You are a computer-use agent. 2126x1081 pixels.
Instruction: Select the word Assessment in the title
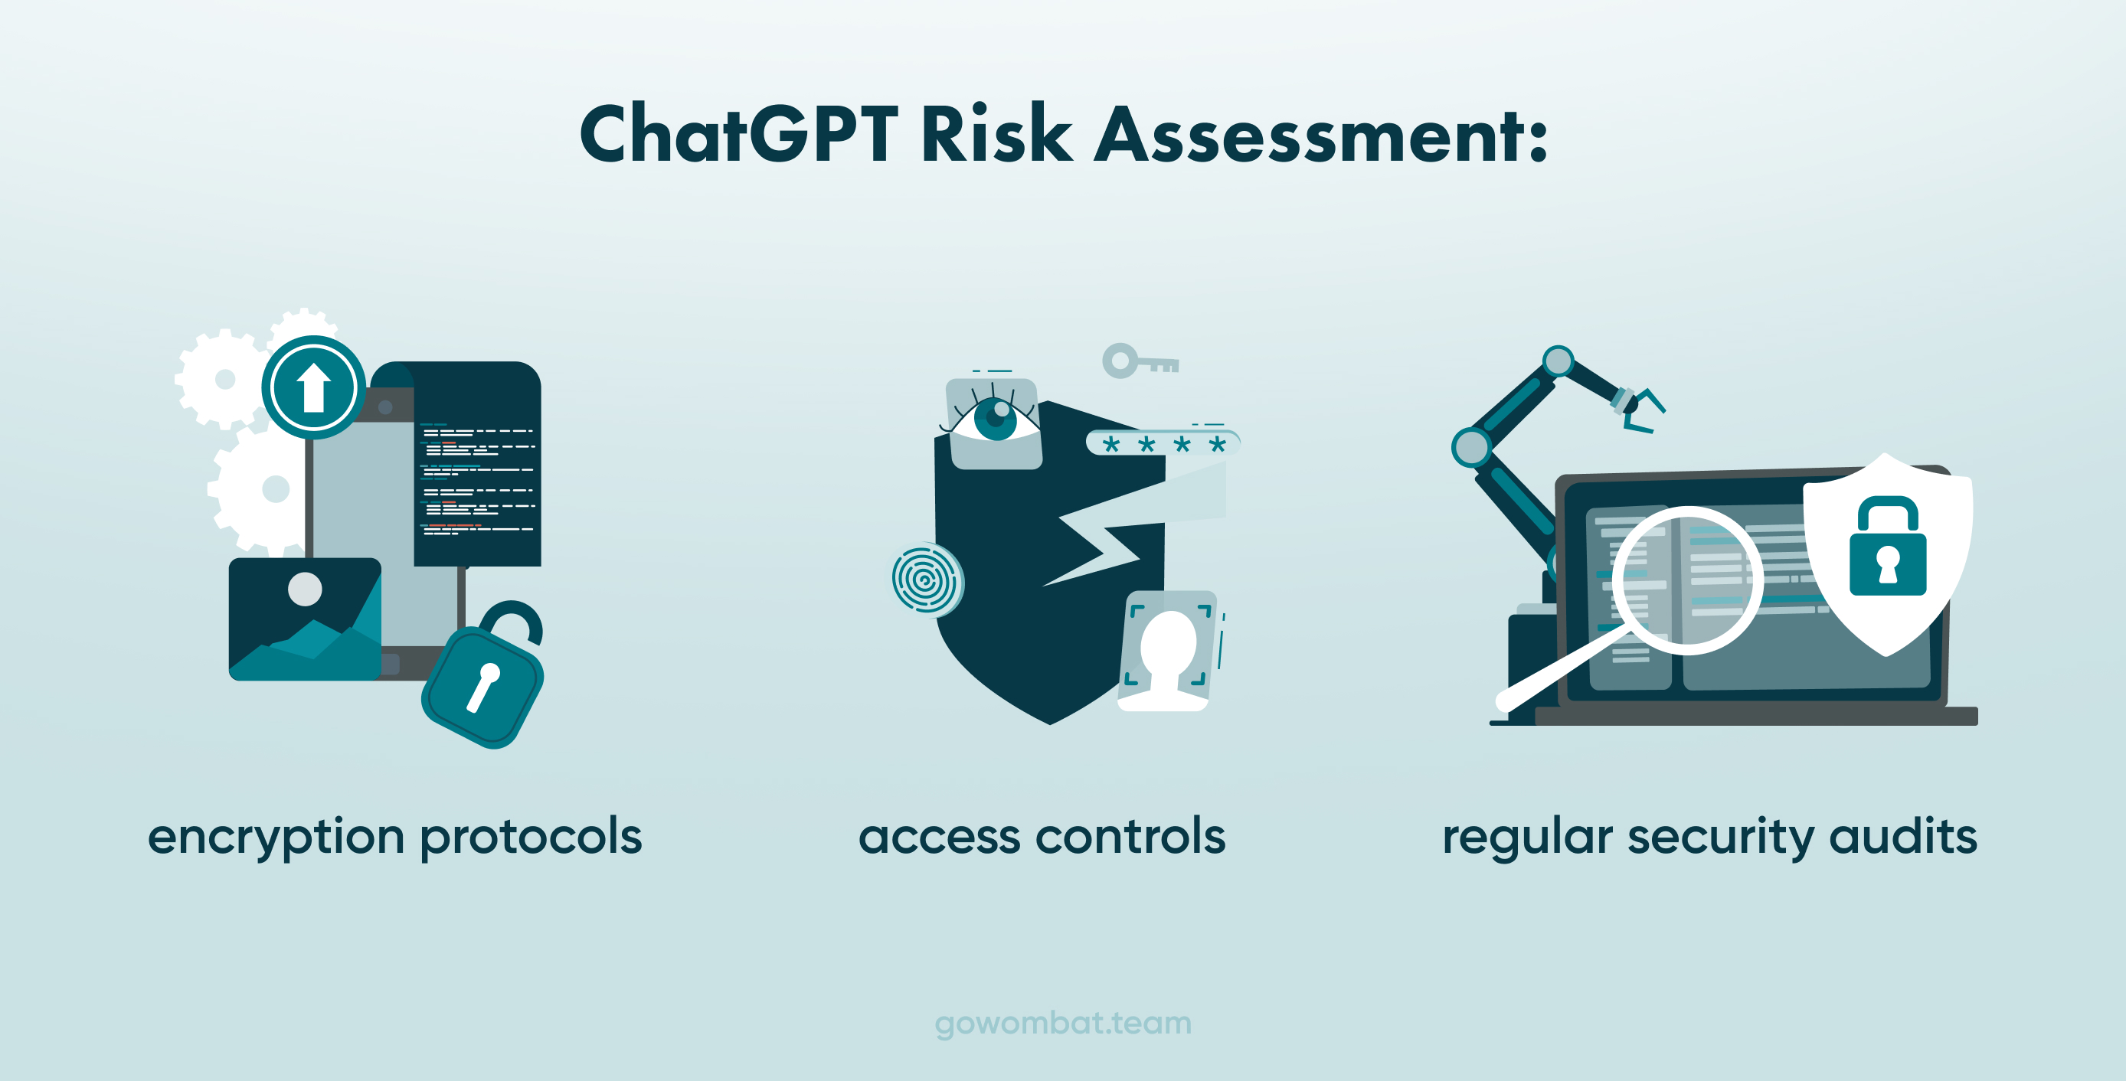point(1320,134)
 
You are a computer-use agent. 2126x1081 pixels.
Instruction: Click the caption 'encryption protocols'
point(394,838)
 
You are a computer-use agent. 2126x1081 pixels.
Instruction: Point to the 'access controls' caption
point(1042,837)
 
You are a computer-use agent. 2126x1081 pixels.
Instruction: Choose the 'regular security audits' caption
point(1709,838)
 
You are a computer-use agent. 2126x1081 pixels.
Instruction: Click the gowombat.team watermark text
point(1063,1024)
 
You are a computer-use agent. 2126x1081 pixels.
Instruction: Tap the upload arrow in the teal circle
point(314,388)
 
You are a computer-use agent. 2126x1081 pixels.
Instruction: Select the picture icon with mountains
point(305,619)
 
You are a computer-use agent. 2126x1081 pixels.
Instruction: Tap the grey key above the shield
point(1140,361)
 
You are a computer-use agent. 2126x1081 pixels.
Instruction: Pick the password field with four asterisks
point(1163,443)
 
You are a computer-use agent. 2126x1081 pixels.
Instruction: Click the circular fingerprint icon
point(927,580)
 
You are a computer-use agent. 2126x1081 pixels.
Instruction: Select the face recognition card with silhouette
point(1166,650)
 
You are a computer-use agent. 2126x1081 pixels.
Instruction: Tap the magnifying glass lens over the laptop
point(1688,580)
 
